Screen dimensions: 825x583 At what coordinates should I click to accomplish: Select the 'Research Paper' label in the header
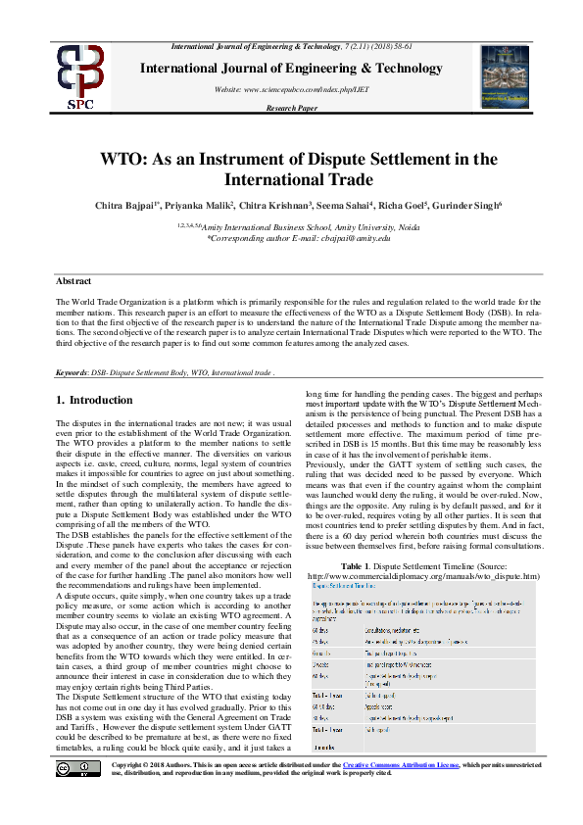click(x=291, y=108)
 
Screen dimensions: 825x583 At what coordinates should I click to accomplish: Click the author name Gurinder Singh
click(x=464, y=206)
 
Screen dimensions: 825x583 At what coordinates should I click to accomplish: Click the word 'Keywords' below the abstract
click(x=73, y=373)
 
